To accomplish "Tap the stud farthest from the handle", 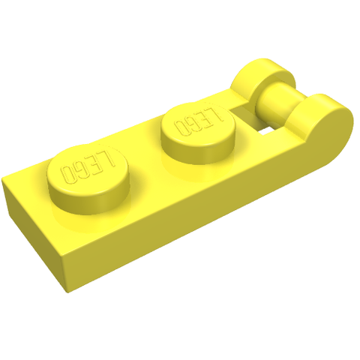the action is (88, 178).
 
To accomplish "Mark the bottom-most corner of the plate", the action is (67, 292).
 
